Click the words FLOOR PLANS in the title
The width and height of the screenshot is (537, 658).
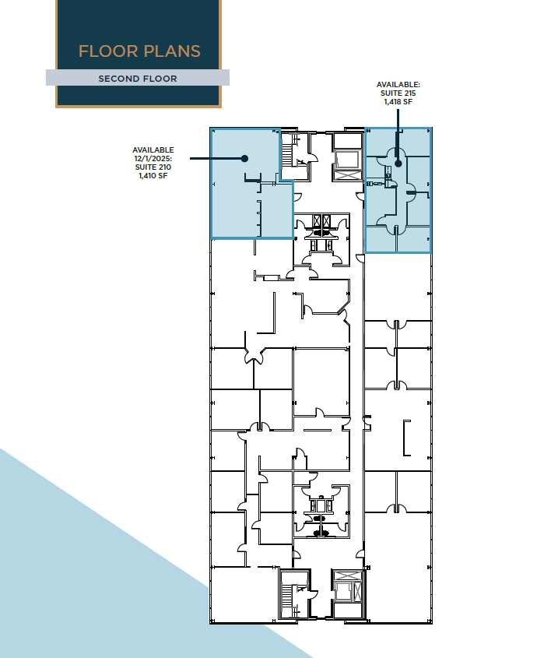pos(139,51)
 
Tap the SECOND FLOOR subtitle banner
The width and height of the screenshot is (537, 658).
pos(138,79)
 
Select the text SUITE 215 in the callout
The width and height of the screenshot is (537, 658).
pos(398,92)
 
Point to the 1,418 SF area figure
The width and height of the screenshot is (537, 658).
pos(398,100)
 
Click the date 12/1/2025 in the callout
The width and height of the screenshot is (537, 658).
pos(153,158)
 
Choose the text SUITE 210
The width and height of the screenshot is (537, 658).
pos(153,167)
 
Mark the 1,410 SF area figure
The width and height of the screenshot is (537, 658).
pos(153,176)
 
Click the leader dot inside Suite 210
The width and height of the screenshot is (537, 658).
pos(244,158)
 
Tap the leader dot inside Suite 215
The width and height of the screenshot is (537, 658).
pos(398,163)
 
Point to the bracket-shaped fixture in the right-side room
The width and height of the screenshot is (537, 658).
pos(405,438)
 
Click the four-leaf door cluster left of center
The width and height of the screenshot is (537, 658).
pos(254,357)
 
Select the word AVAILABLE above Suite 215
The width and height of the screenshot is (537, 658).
pos(398,83)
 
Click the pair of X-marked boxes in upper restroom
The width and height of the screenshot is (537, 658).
pos(321,220)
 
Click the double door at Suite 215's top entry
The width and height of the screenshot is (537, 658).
pos(397,152)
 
